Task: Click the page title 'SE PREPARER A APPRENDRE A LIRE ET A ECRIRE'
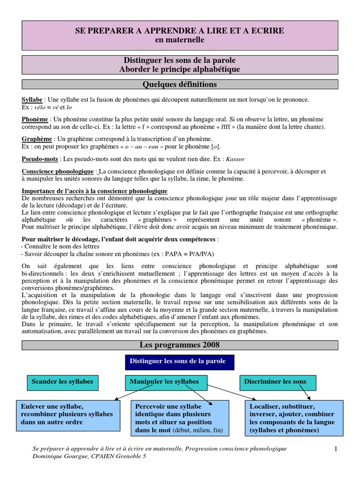click(180, 31)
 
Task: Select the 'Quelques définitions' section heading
click(180, 84)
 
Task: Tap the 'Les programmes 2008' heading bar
click(180, 345)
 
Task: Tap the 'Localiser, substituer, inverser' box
click(292, 418)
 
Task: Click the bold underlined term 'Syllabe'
click(32, 100)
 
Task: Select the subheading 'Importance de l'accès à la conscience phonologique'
click(94, 191)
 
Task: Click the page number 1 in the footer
click(336, 449)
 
